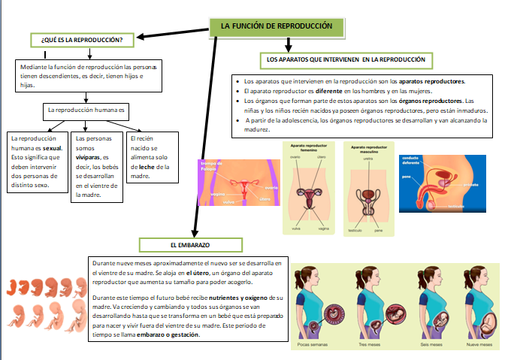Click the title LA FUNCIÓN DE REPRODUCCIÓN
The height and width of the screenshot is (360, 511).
tap(276, 26)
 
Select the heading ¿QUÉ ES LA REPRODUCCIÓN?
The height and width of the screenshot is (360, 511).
tap(83, 38)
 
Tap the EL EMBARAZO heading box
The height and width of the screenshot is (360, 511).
tap(189, 245)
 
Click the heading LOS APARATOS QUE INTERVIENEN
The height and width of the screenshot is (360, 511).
tap(346, 59)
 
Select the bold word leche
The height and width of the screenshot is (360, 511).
tap(147, 167)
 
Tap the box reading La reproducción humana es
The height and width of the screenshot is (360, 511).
tap(87, 110)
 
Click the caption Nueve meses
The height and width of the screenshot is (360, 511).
tap(479, 345)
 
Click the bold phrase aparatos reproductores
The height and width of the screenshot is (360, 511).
tap(431, 80)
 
